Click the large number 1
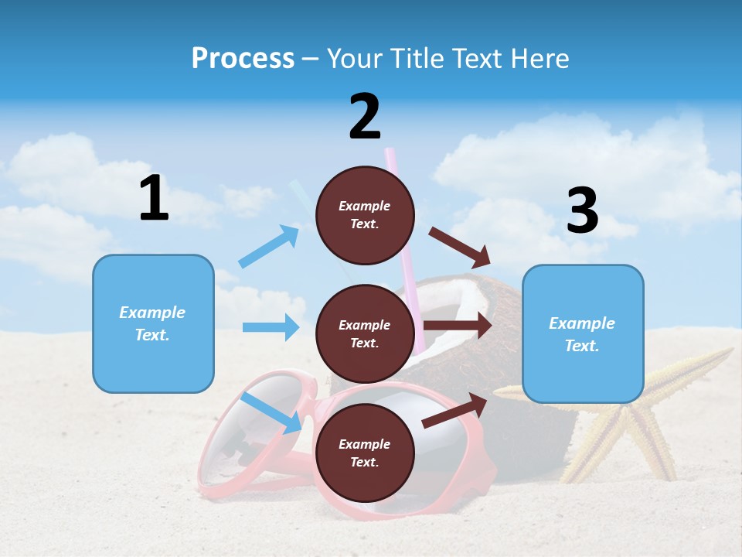point(154,199)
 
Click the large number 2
point(365,117)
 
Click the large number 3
point(582,210)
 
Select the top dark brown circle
point(365,215)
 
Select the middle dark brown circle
point(365,333)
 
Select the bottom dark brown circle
point(365,453)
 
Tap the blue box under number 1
point(153,323)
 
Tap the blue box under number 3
point(583,334)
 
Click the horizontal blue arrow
point(271,327)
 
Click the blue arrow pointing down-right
point(271,412)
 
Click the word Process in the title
point(243,58)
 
